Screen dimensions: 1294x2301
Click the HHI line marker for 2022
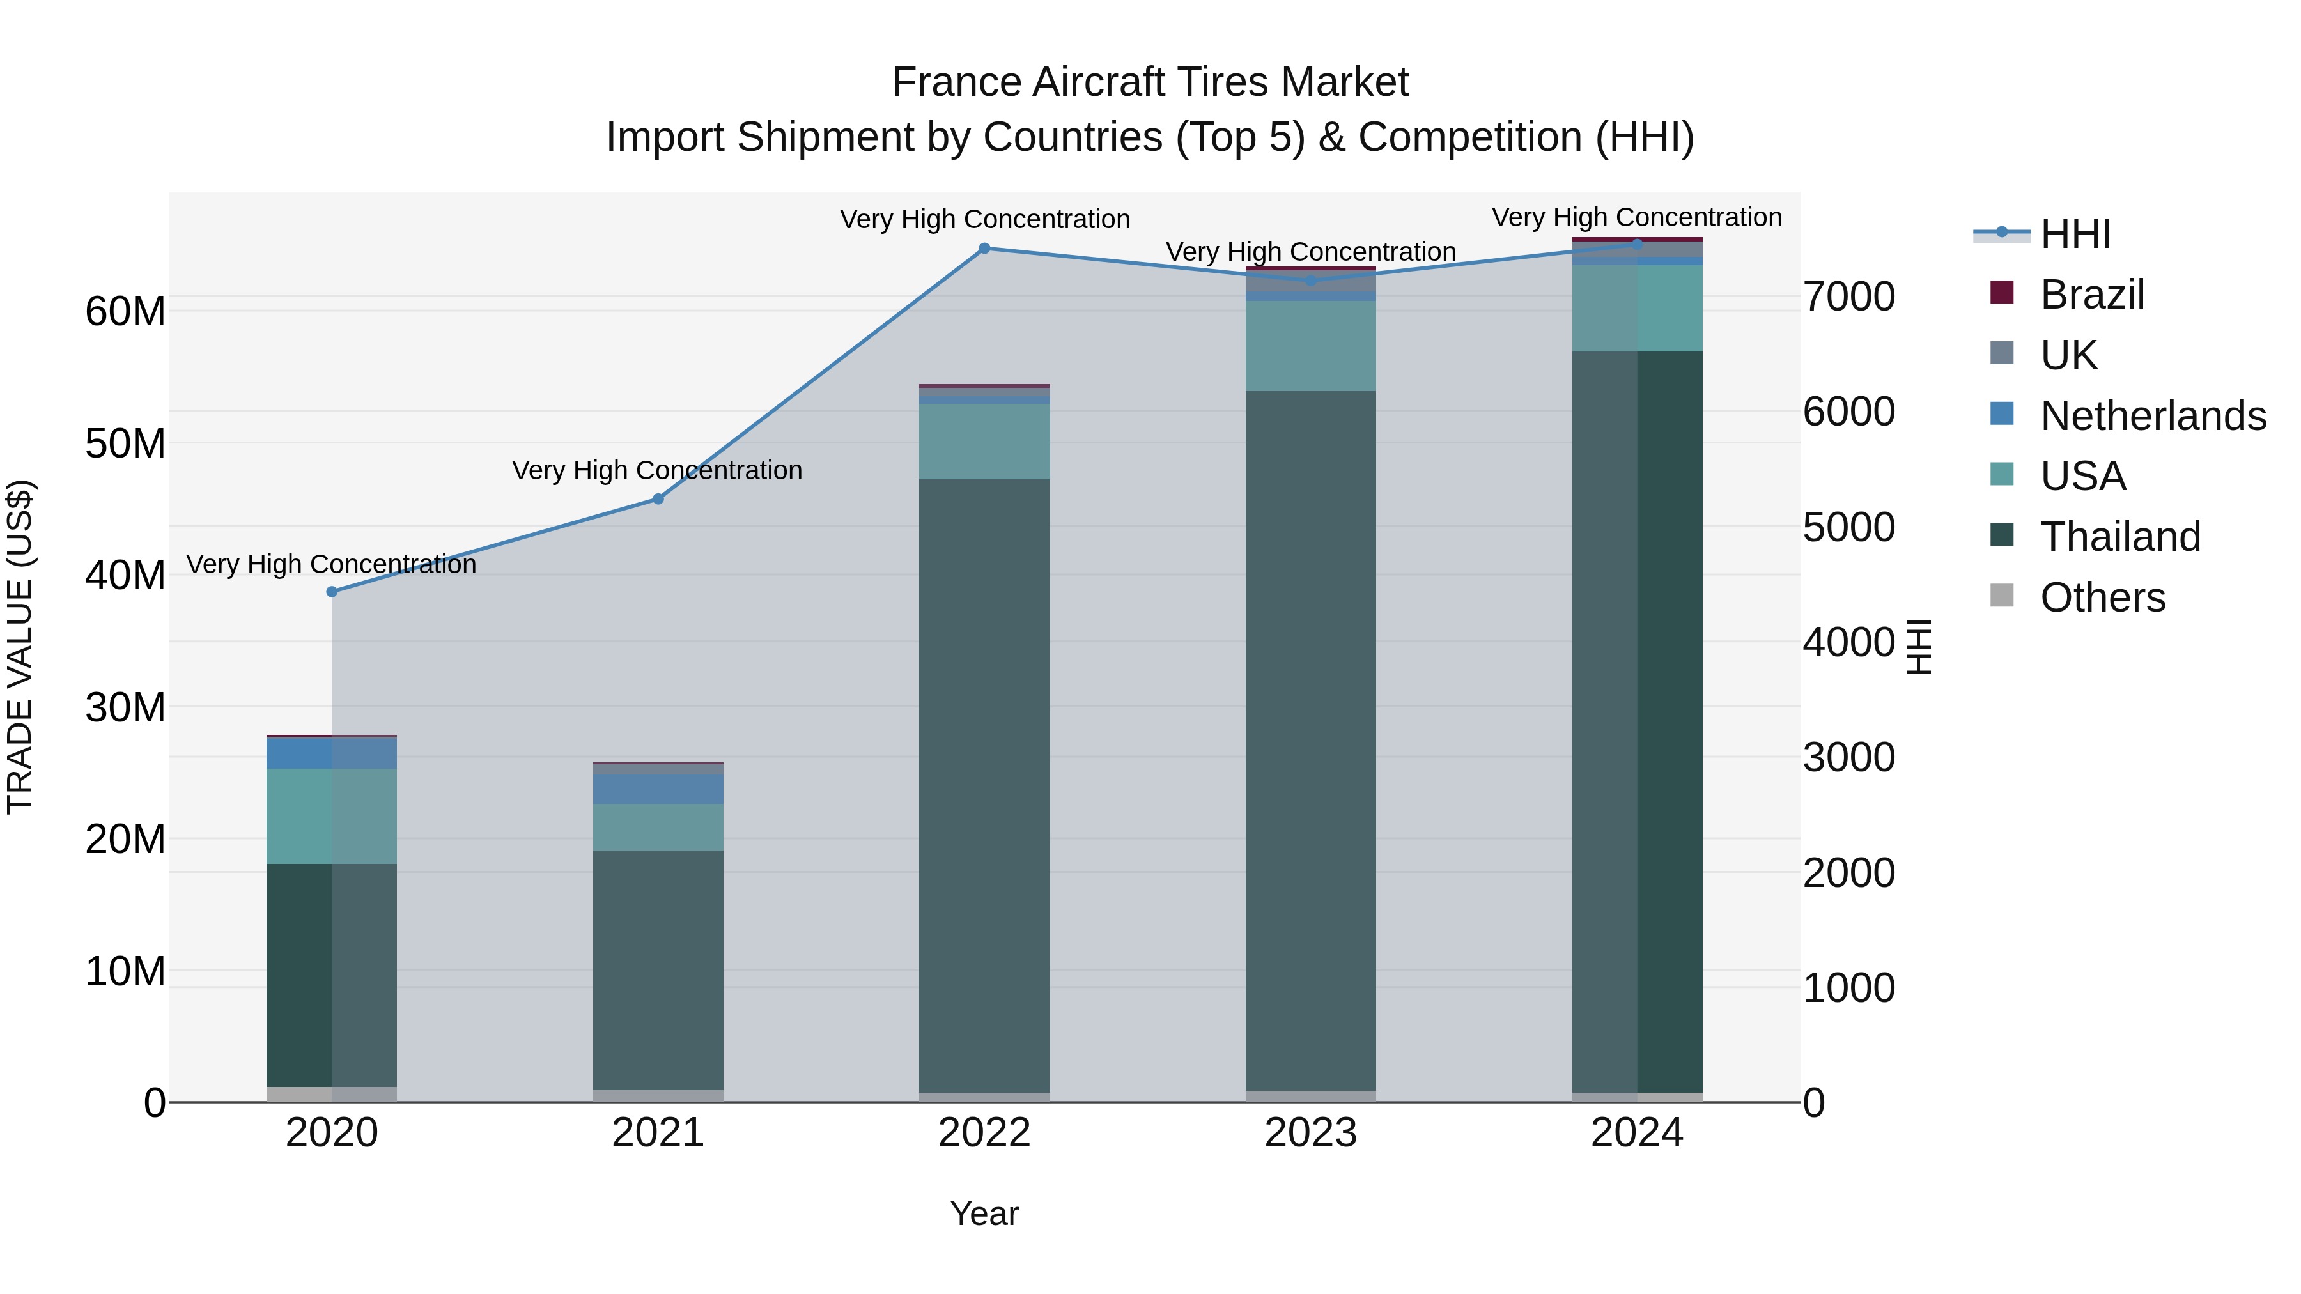coord(984,249)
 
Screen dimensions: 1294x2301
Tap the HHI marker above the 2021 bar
coord(658,499)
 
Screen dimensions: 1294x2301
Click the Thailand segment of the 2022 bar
coord(984,786)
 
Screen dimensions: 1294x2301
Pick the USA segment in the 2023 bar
coord(1310,346)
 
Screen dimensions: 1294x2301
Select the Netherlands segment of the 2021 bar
coord(658,789)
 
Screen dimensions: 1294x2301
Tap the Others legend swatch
coord(2003,596)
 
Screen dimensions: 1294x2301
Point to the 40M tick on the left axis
coord(125,575)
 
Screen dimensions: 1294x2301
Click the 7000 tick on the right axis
coord(1848,297)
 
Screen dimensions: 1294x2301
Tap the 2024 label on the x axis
coord(1636,1133)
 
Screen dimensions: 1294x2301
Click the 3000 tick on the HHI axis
coord(1848,757)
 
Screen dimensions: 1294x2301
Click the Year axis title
coord(984,1213)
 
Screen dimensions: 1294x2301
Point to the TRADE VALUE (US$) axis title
coord(20,647)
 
